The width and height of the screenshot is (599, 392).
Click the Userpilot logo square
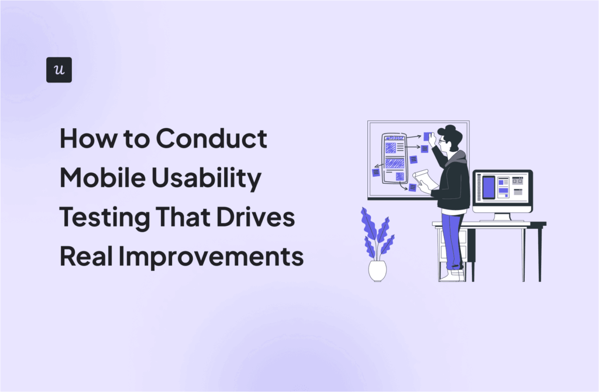pyautogui.click(x=58, y=70)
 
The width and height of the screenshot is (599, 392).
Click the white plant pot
pyautogui.click(x=377, y=270)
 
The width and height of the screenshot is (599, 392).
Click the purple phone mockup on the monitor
pyautogui.click(x=488, y=187)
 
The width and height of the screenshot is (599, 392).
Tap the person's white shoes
pyautogui.click(x=450, y=275)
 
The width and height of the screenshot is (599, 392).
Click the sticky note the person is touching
pyautogui.click(x=428, y=136)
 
